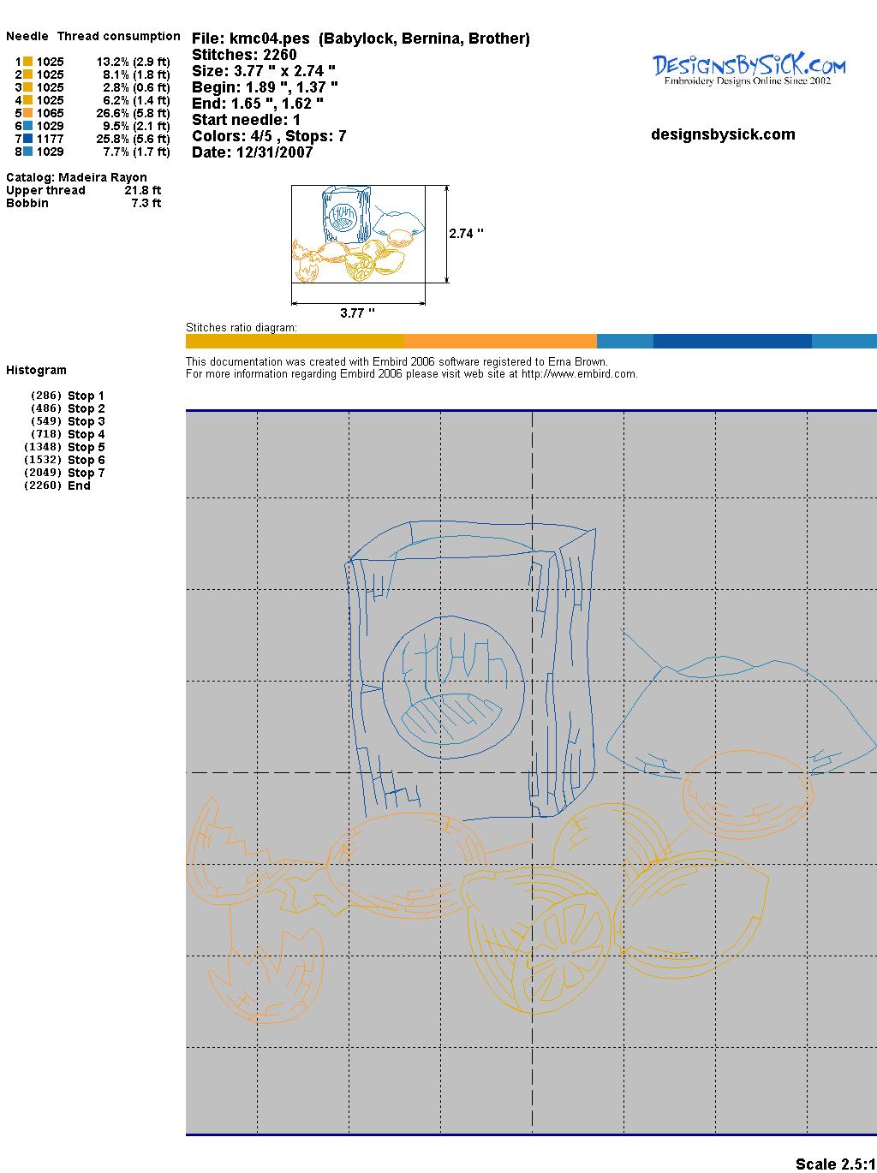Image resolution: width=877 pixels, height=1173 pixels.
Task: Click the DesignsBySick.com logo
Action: (x=749, y=69)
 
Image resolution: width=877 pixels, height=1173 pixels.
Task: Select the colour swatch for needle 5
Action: (x=27, y=113)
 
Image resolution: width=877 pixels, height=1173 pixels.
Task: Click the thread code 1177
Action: (x=51, y=139)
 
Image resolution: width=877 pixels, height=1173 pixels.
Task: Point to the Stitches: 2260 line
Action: (x=244, y=55)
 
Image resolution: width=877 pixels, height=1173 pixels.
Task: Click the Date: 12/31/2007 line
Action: (x=253, y=152)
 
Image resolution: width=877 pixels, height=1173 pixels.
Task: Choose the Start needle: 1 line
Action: (x=246, y=120)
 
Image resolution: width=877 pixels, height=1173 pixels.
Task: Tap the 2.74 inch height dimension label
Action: (x=466, y=234)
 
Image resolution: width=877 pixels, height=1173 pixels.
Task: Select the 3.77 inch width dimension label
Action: (x=357, y=313)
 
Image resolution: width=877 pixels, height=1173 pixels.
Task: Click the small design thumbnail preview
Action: (x=358, y=234)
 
